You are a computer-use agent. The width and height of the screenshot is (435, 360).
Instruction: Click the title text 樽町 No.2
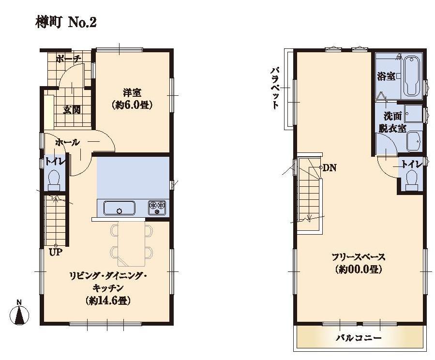tap(66, 22)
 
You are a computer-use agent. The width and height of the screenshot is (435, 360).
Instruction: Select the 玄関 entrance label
tap(72, 109)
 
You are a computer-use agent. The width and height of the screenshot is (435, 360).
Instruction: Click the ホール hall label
tap(67, 142)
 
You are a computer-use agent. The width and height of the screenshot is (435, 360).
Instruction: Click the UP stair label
tap(55, 252)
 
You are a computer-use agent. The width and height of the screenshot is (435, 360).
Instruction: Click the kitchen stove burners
tap(157, 208)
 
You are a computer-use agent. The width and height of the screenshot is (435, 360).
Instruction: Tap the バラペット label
tap(274, 88)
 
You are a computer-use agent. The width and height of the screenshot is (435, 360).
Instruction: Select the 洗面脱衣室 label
tap(394, 122)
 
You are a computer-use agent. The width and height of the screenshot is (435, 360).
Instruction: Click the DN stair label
tap(329, 168)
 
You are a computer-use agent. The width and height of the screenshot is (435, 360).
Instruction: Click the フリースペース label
tap(358, 256)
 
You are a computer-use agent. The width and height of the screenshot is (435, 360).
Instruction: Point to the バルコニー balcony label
tap(359, 337)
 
